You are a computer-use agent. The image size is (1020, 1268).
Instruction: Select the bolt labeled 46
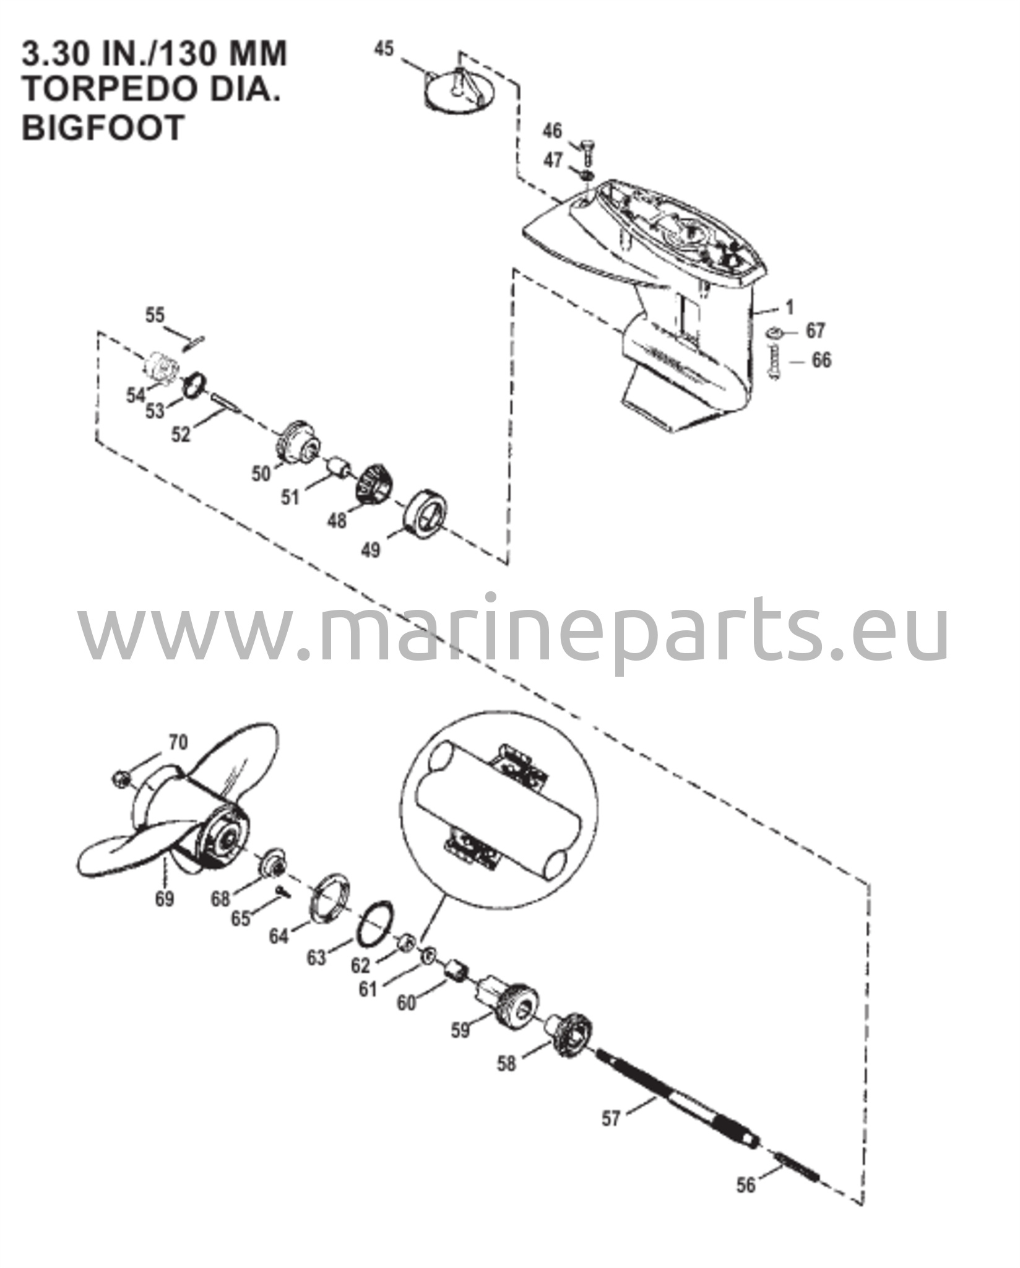[586, 149]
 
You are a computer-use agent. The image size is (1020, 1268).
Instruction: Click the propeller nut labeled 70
[119, 778]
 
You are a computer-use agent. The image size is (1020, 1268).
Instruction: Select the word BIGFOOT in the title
[104, 128]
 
